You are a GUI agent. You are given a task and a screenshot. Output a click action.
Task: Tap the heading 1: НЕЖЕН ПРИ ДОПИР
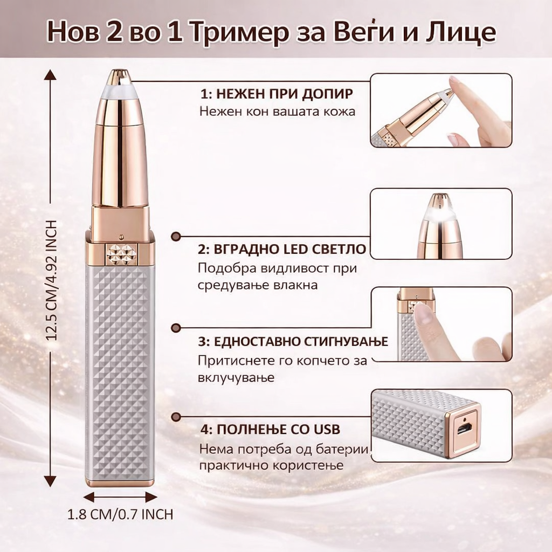[277, 94]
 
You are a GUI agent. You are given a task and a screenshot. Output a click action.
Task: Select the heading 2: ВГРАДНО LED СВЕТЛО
[282, 250]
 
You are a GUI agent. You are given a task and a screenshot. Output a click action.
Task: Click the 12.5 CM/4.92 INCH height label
[52, 280]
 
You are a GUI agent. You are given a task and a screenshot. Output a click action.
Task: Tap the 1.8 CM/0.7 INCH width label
[120, 514]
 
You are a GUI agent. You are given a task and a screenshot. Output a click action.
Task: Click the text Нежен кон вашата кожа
[277, 112]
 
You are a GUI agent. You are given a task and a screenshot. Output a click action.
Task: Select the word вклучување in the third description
[236, 377]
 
